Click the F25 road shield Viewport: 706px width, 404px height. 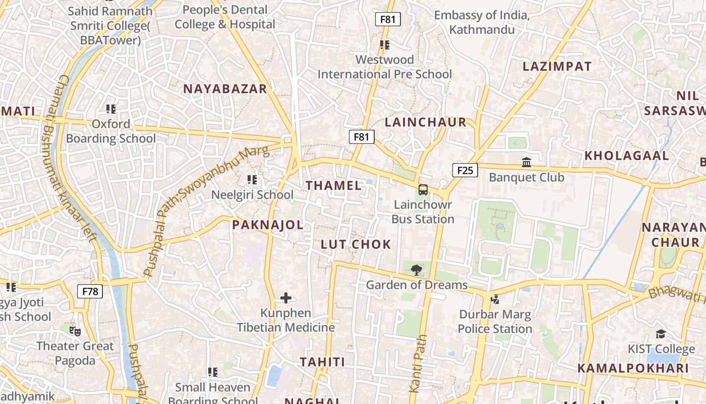point(464,170)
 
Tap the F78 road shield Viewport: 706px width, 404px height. point(90,291)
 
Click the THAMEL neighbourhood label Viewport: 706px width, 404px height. point(334,185)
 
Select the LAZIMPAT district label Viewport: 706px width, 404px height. point(557,66)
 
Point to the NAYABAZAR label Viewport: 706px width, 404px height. point(225,89)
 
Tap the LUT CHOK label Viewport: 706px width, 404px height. point(356,244)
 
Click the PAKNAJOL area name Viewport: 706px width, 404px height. point(268,225)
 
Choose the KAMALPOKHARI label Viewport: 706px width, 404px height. point(633,368)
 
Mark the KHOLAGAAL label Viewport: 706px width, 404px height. point(626,156)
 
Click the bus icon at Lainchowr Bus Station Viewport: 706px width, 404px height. point(423,190)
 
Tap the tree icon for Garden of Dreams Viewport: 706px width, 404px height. point(416,270)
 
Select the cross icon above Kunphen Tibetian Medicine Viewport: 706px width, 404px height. point(285,298)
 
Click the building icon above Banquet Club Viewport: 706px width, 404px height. point(526,162)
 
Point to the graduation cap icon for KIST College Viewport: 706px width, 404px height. point(660,334)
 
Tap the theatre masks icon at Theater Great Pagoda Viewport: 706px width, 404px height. point(75,331)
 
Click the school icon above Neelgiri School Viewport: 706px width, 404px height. point(252,179)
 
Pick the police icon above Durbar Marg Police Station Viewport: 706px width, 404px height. point(495,299)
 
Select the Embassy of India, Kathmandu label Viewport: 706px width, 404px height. point(482,22)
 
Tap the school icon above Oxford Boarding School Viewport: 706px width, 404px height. point(111,109)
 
